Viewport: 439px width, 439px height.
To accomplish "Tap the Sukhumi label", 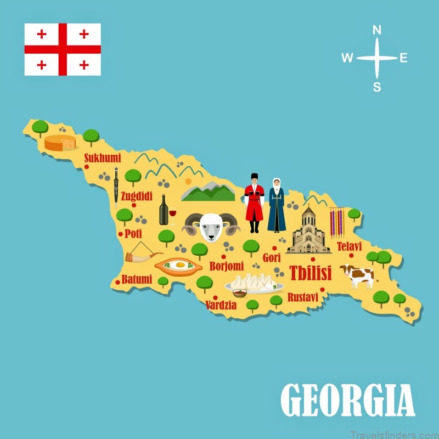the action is click(x=102, y=159).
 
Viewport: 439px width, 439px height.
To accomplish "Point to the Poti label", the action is click(x=133, y=233).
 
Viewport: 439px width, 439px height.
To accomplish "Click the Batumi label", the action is click(x=137, y=279).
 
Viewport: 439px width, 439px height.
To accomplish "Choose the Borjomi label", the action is click(x=226, y=266).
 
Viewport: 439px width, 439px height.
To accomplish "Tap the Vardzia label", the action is click(x=221, y=305).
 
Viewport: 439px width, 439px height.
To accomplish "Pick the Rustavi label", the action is click(x=302, y=297).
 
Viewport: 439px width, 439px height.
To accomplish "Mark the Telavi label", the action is click(x=350, y=246).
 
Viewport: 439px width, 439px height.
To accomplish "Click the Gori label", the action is click(x=271, y=257).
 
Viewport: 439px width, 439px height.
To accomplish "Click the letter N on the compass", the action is click(x=377, y=30).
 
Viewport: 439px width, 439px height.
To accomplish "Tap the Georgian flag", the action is click(x=63, y=49).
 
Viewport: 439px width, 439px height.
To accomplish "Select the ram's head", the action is click(x=212, y=226).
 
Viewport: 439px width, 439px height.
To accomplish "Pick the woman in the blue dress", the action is click(x=277, y=204).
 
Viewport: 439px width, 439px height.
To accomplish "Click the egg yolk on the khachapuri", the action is click(x=178, y=265).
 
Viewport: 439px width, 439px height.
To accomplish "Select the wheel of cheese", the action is click(x=60, y=143).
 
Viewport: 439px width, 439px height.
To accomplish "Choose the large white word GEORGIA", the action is click(x=347, y=399).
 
